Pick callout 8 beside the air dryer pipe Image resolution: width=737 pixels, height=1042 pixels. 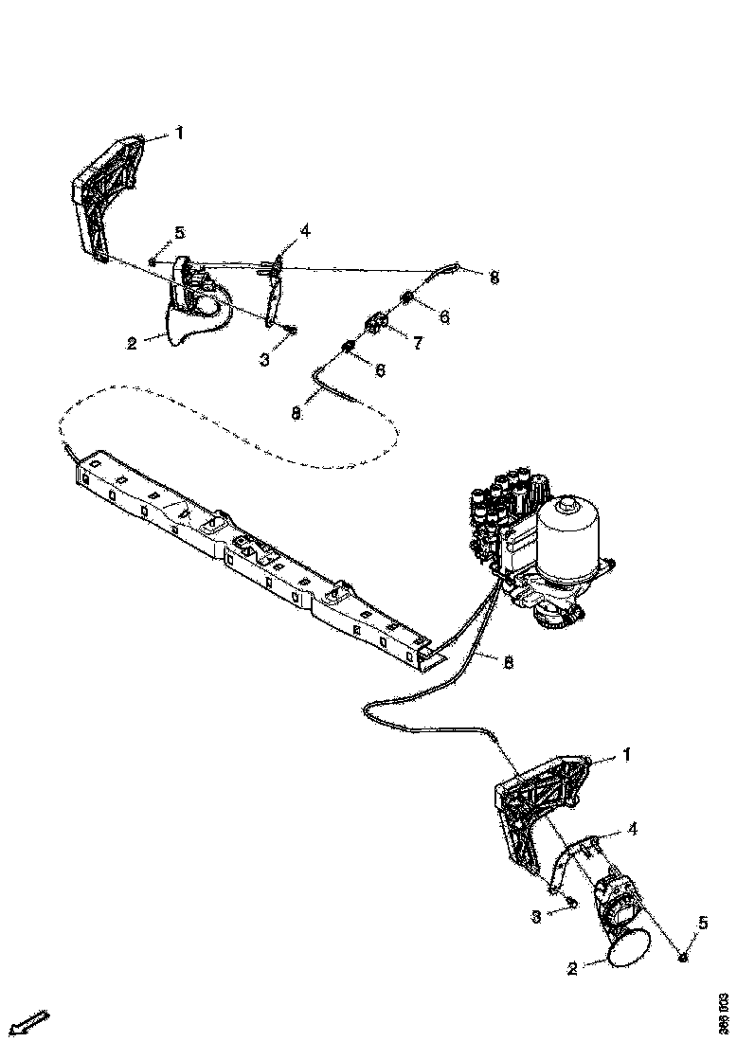click(508, 662)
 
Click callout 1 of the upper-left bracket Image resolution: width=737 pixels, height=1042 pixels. click(180, 134)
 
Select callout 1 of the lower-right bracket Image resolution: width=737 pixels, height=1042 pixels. click(625, 755)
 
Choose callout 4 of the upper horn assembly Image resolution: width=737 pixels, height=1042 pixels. click(305, 230)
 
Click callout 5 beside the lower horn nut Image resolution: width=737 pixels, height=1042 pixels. click(702, 922)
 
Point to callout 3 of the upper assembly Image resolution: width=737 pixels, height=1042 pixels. click(264, 360)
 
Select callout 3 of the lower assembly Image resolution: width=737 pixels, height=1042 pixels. click(535, 916)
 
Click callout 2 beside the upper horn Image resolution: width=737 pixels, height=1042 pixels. click(133, 343)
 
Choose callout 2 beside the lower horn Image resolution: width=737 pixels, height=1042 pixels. click(571, 968)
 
